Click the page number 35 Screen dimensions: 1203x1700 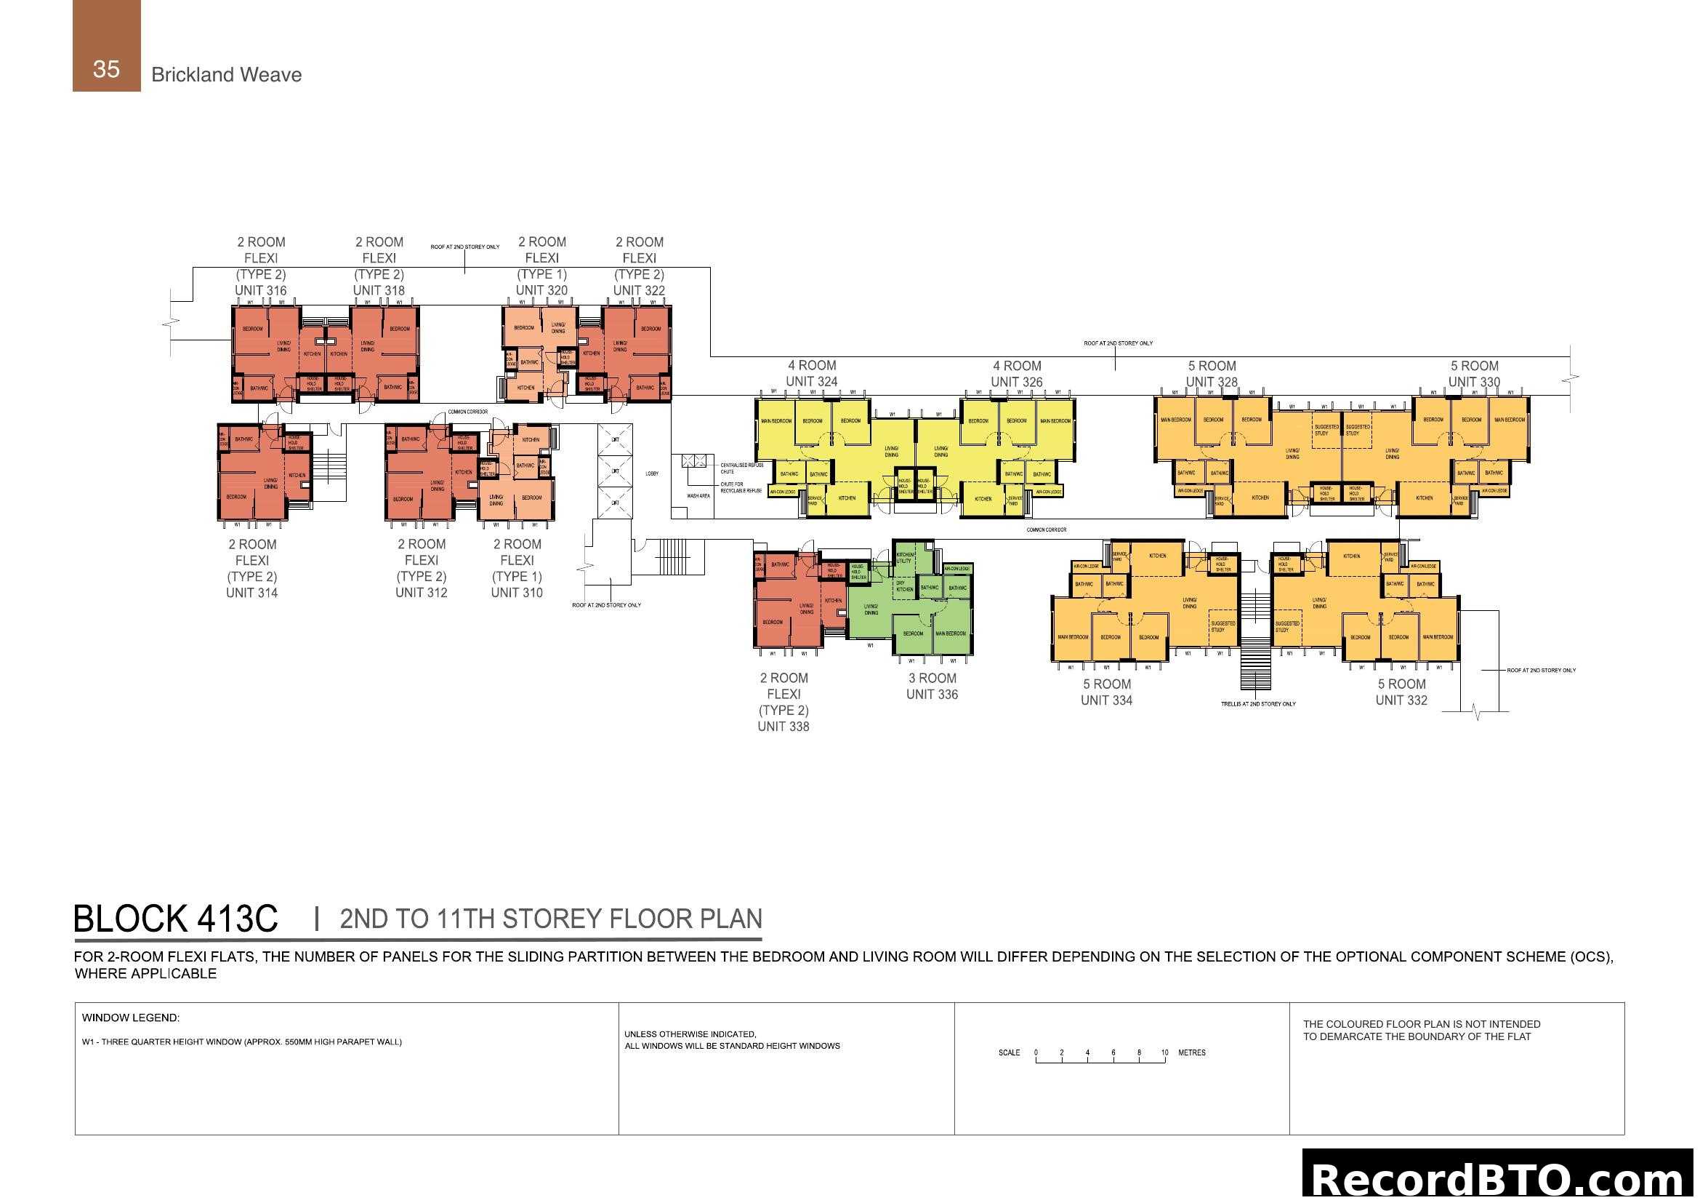(x=106, y=69)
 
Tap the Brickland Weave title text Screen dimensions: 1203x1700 (x=226, y=75)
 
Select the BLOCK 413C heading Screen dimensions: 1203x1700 (x=175, y=919)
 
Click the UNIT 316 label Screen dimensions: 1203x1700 (x=260, y=290)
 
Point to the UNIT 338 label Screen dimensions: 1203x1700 (x=783, y=727)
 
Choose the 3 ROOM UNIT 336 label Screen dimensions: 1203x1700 (x=932, y=686)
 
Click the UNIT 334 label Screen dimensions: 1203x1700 (x=1105, y=700)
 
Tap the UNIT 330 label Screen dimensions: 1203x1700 (x=1473, y=382)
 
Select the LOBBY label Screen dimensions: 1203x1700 (x=651, y=473)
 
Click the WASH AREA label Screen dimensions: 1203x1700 (x=698, y=495)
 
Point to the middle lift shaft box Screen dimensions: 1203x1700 (x=615, y=471)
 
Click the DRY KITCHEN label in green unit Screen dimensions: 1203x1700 (x=904, y=586)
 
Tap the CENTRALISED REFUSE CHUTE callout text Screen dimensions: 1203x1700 (x=741, y=468)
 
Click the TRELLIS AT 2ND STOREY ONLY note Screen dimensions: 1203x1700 (x=1257, y=704)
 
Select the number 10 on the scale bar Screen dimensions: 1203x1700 (x=1164, y=1052)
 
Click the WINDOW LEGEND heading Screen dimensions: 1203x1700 (x=130, y=1018)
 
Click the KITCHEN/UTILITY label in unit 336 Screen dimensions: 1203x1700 (x=905, y=557)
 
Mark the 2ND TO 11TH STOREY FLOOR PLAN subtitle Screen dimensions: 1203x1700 (x=550, y=919)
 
